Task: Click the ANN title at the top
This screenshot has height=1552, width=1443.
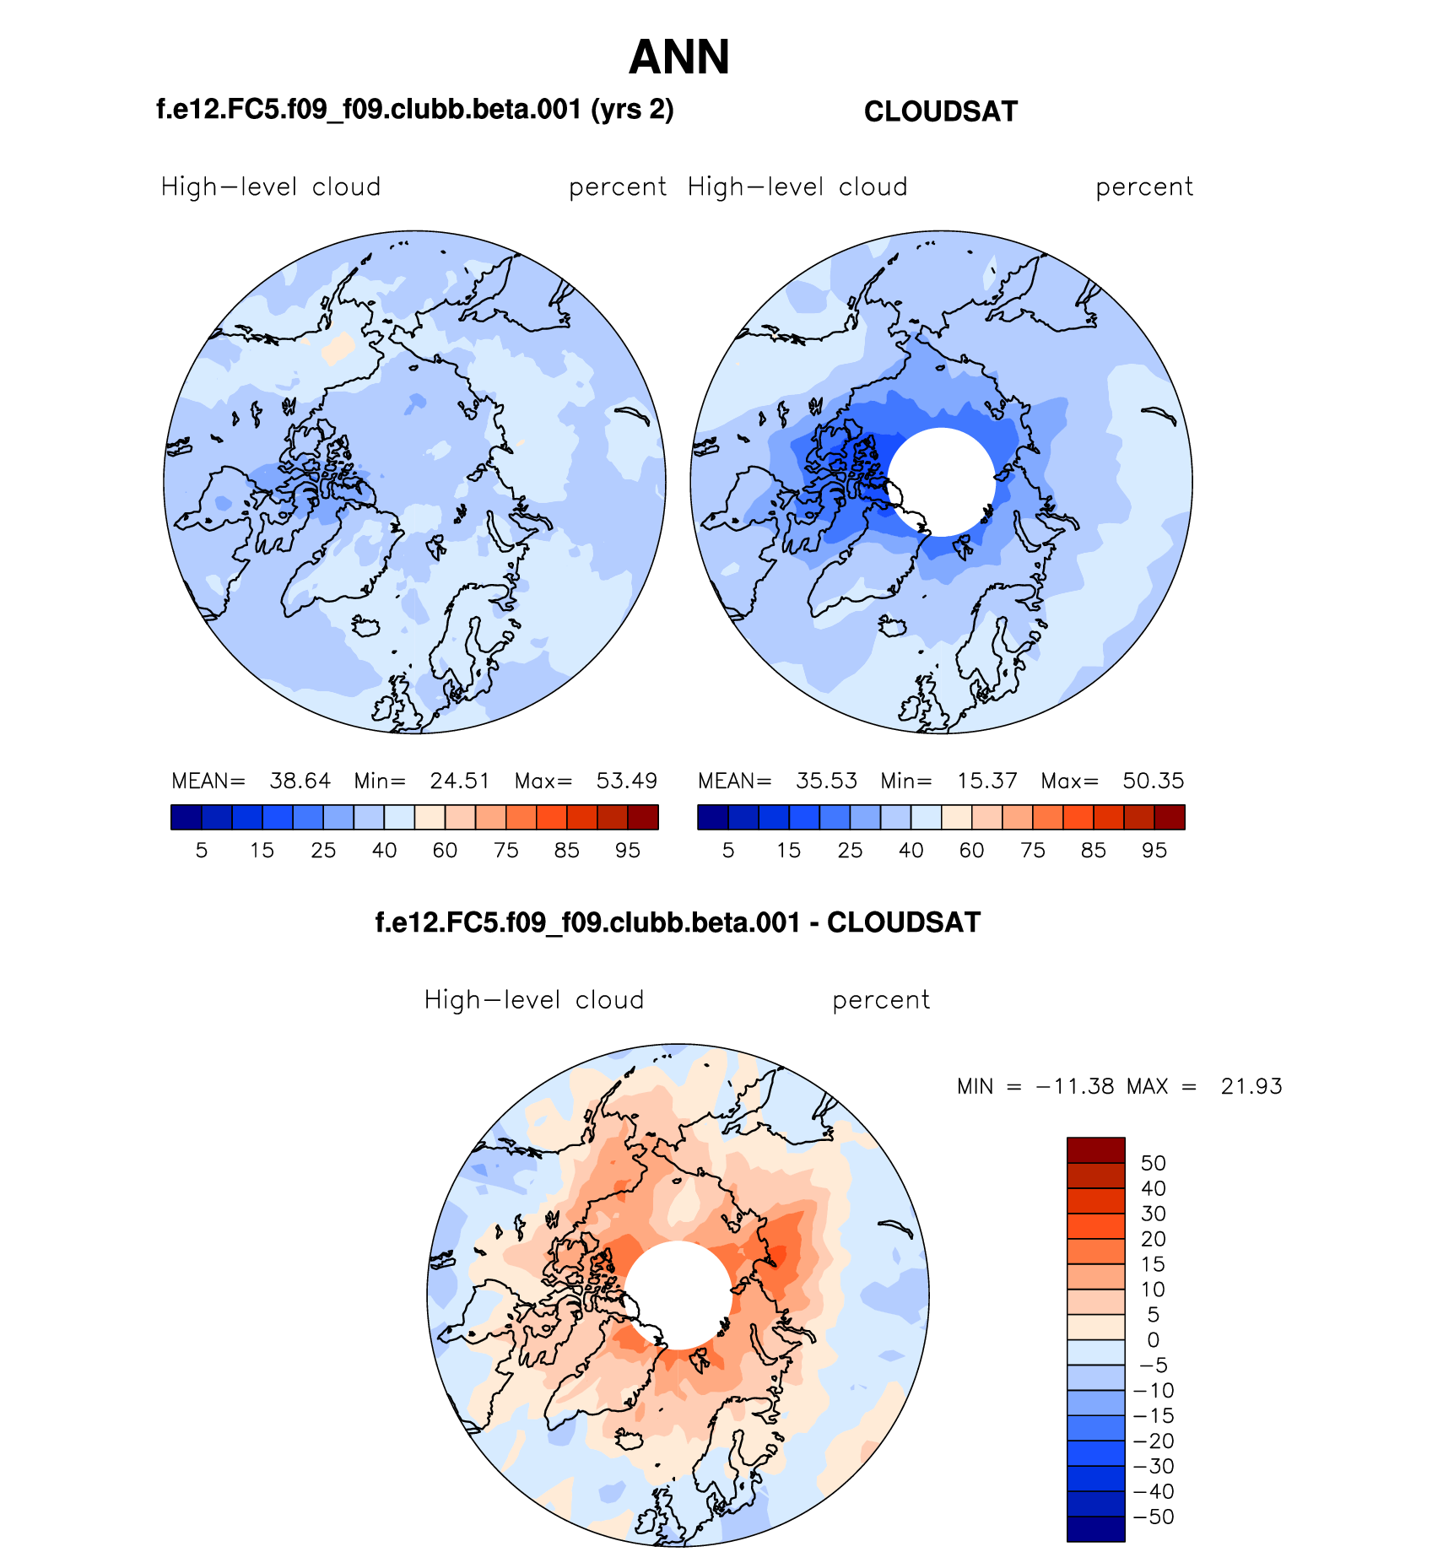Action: (678, 57)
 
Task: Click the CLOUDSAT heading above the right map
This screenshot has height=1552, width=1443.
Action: (941, 112)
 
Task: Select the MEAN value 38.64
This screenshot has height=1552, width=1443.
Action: (300, 781)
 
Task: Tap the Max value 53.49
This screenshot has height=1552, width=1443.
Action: (626, 781)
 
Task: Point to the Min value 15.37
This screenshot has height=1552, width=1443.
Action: (986, 781)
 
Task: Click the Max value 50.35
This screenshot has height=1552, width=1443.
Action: (1153, 781)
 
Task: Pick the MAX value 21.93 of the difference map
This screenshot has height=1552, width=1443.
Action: (1251, 1086)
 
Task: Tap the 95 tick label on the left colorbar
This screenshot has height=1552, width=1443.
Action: (627, 851)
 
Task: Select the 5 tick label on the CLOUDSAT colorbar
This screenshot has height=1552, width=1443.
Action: (728, 851)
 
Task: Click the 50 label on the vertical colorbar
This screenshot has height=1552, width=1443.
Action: (1153, 1163)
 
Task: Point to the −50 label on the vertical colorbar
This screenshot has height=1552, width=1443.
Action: (1153, 1517)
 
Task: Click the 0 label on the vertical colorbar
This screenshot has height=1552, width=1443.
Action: (1153, 1340)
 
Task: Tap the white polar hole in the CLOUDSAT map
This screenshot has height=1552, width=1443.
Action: (942, 482)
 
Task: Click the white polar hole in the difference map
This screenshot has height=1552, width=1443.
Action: (678, 1295)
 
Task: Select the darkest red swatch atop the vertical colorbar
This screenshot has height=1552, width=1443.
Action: (1095, 1150)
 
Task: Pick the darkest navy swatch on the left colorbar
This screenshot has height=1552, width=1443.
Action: (186, 817)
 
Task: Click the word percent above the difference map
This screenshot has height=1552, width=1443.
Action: (880, 1000)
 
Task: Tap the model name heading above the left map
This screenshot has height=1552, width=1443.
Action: (415, 110)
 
